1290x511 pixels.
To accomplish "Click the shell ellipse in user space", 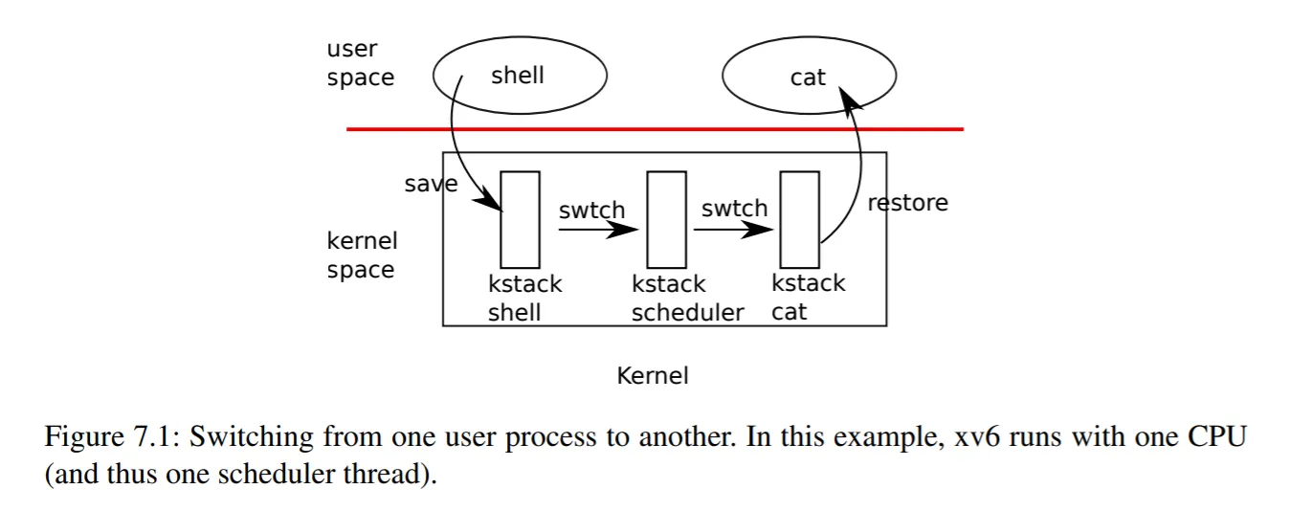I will coord(520,76).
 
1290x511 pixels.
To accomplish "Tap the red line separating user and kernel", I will coord(654,128).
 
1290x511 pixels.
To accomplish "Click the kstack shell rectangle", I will coord(521,219).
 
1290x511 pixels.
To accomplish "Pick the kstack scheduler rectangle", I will coord(666,219).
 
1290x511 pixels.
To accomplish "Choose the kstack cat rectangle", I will coord(799,219).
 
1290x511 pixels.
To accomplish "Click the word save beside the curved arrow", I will coord(430,185).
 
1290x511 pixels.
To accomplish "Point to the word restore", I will coord(907,203).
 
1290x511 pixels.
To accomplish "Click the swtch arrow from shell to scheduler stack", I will coord(598,230).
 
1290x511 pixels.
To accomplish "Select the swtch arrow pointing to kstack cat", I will coord(735,230).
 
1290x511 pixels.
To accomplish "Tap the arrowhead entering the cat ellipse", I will coord(846,96).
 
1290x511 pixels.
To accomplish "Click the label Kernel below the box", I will coord(653,376).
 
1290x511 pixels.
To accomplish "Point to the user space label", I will coord(360,63).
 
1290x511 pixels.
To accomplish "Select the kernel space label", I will coord(361,255).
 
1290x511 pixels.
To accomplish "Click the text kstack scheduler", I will coord(687,299).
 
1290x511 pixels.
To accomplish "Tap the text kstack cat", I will coord(808,298).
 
